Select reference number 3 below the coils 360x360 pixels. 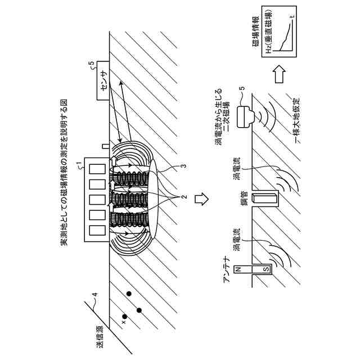click(x=181, y=167)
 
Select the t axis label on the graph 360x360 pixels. click(x=291, y=18)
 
